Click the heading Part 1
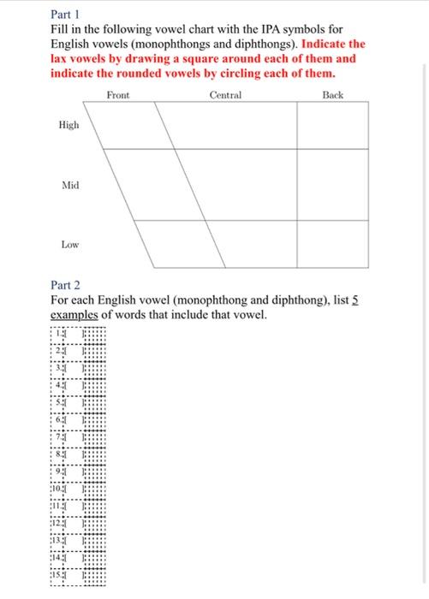tap(65, 15)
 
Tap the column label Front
tap(119, 95)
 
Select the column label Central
tap(225, 95)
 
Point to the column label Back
tap(333, 95)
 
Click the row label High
tap(69, 125)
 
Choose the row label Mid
tap(69, 185)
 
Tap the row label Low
tap(69, 244)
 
